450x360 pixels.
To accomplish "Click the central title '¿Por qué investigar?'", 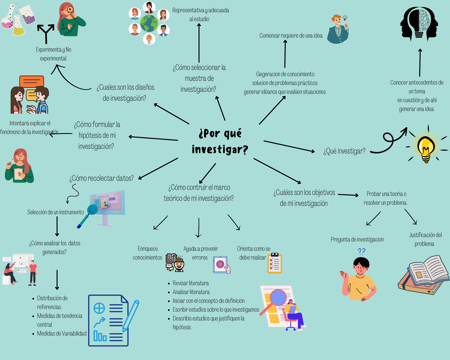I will [x=220, y=142].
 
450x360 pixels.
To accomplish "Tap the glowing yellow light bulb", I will [x=426, y=147].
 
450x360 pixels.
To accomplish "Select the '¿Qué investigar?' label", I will [x=344, y=151].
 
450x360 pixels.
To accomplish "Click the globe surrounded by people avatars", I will [x=149, y=23].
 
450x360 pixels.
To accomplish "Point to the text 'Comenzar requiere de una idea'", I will [x=291, y=36].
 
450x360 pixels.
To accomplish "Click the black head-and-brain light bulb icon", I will [x=418, y=22].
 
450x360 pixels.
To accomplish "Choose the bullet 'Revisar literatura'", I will [x=190, y=283].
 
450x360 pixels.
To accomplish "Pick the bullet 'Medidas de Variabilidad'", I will [x=61, y=333].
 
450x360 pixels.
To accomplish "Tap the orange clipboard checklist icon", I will [x=274, y=263].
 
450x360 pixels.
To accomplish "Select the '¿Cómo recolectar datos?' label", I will [x=101, y=178].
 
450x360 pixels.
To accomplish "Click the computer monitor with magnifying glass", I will [x=106, y=208].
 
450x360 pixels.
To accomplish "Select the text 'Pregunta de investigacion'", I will [x=357, y=239].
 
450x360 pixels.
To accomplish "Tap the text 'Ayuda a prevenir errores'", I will [x=200, y=253].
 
